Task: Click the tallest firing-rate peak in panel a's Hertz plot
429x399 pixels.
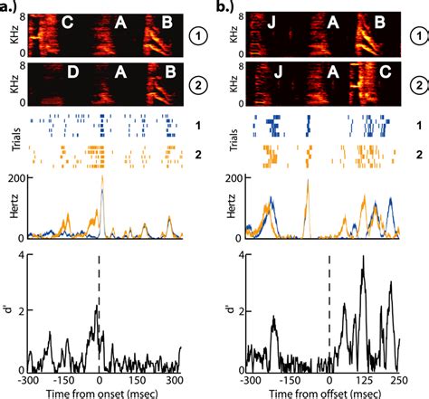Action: coord(101,179)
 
